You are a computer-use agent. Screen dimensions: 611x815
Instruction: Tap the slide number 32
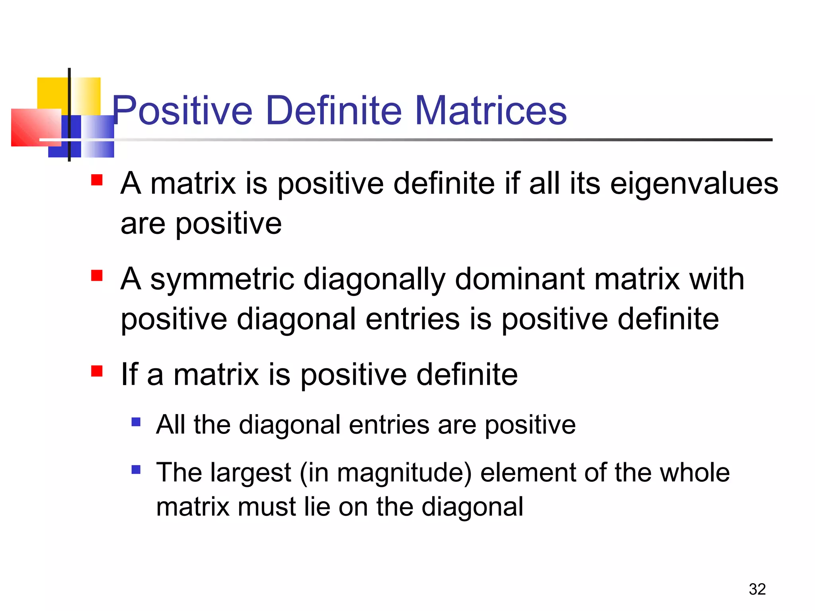[757, 589]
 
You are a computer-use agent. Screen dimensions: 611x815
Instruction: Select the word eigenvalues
[694, 184]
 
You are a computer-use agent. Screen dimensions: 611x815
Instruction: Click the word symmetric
[222, 279]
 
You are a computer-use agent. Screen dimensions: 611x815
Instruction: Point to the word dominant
[519, 279]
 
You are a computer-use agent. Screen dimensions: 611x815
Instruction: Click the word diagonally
[374, 280]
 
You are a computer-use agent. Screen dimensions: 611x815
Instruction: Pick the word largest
[251, 473]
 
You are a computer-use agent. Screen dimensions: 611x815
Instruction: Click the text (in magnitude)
[385, 473]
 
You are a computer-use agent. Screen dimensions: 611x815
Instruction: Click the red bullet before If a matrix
[97, 371]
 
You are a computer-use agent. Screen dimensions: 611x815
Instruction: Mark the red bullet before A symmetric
[97, 276]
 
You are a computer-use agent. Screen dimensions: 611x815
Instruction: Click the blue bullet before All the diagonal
[136, 422]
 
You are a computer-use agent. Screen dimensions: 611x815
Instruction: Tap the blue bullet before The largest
[136, 470]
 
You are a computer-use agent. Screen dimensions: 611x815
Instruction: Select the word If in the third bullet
[129, 375]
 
